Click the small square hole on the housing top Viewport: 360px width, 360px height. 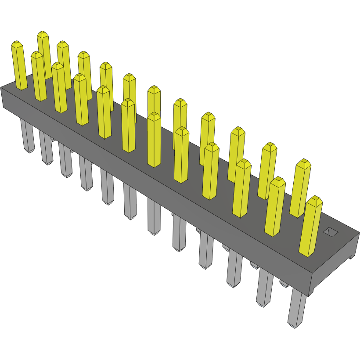coord(331,232)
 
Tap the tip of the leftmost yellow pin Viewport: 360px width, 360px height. coord(16,44)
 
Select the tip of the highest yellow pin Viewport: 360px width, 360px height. coord(43,34)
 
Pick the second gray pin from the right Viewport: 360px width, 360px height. coord(264,288)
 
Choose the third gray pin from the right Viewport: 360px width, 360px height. coord(234,270)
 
